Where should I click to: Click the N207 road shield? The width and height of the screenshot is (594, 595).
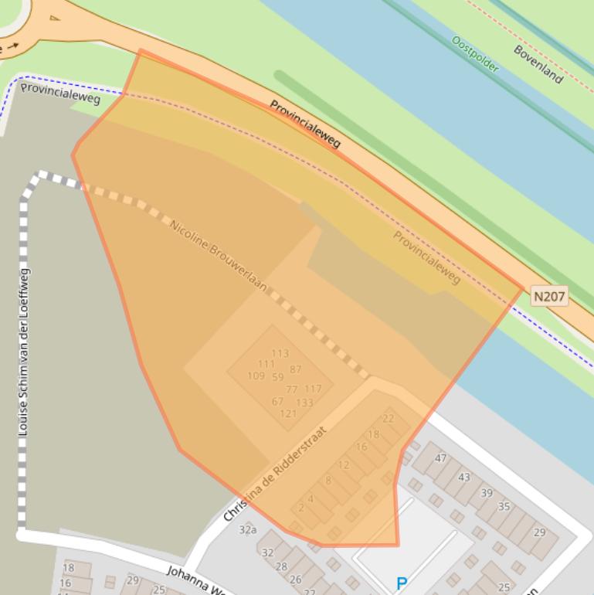[549, 296]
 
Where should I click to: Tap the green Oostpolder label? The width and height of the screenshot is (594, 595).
[475, 54]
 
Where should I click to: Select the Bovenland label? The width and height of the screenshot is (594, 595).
[538, 63]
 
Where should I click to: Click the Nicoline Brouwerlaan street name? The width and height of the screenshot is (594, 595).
[218, 256]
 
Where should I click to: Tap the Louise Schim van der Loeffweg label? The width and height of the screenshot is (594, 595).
[24, 352]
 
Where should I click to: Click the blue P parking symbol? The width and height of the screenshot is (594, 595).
[401, 584]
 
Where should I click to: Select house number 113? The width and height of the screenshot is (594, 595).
[280, 353]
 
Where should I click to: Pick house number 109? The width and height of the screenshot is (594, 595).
[256, 376]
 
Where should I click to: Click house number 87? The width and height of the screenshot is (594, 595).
[296, 370]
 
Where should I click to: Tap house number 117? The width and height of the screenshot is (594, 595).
[312, 389]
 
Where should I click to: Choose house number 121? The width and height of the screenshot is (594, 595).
[288, 413]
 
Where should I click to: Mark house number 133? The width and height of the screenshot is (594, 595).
[304, 403]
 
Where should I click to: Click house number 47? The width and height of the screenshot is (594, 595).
[440, 457]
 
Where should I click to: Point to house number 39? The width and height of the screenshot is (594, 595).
[487, 492]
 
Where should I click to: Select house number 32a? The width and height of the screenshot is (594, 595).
[247, 529]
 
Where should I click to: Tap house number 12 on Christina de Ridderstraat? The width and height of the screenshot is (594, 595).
[344, 464]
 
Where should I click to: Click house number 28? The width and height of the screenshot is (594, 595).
[281, 566]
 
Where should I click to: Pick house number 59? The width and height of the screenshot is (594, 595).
[278, 377]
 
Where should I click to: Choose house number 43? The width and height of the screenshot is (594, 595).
[463, 477]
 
